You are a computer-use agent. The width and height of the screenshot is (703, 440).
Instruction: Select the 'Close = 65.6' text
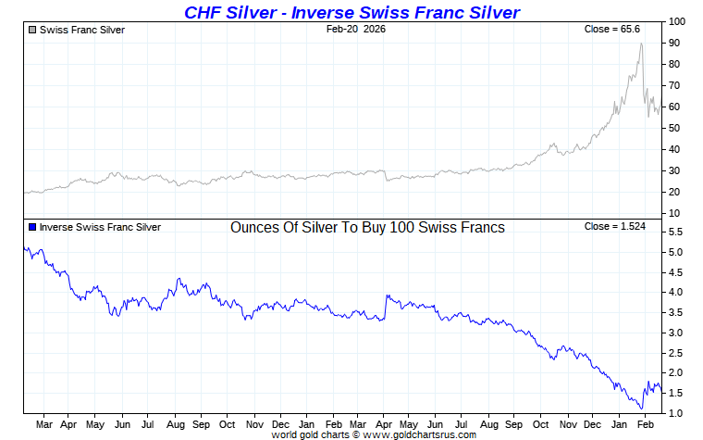pos(611,30)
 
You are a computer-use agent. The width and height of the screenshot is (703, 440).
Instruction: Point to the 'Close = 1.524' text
pos(611,227)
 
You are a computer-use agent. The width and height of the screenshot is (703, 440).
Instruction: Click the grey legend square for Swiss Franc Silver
pos(32,30)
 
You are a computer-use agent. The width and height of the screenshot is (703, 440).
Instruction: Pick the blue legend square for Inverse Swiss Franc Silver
pos(32,227)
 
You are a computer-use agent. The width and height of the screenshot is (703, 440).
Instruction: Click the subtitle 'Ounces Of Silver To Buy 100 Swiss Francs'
pos(367,228)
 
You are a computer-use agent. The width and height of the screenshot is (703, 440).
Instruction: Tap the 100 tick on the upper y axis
pos(677,21)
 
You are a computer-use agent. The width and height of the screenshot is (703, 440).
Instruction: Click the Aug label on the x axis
pos(175,425)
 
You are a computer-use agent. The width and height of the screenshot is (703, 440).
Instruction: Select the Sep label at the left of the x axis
pos(201,425)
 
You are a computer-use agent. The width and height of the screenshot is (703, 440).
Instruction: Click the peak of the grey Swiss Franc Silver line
pos(641,44)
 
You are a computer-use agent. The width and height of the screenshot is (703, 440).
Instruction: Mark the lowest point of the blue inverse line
pos(641,409)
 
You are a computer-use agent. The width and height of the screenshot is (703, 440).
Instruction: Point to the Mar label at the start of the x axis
pos(43,425)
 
